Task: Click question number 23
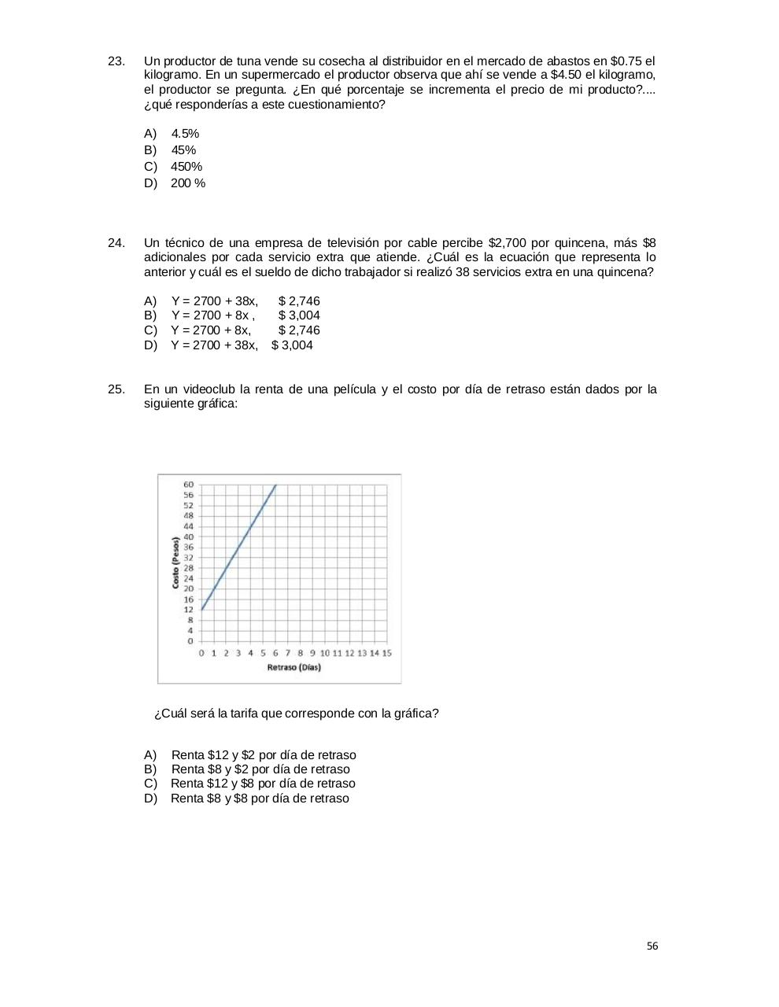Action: click(116, 61)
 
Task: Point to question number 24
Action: click(116, 243)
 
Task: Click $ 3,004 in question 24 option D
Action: click(292, 345)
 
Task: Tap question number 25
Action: click(116, 389)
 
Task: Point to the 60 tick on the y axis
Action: click(189, 485)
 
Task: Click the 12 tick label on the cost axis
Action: click(189, 610)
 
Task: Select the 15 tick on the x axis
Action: click(386, 653)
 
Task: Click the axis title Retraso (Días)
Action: click(294, 667)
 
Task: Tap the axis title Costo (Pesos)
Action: click(175, 562)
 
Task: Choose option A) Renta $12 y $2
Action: click(249, 755)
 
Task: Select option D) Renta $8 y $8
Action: click(246, 799)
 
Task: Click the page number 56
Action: click(652, 946)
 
